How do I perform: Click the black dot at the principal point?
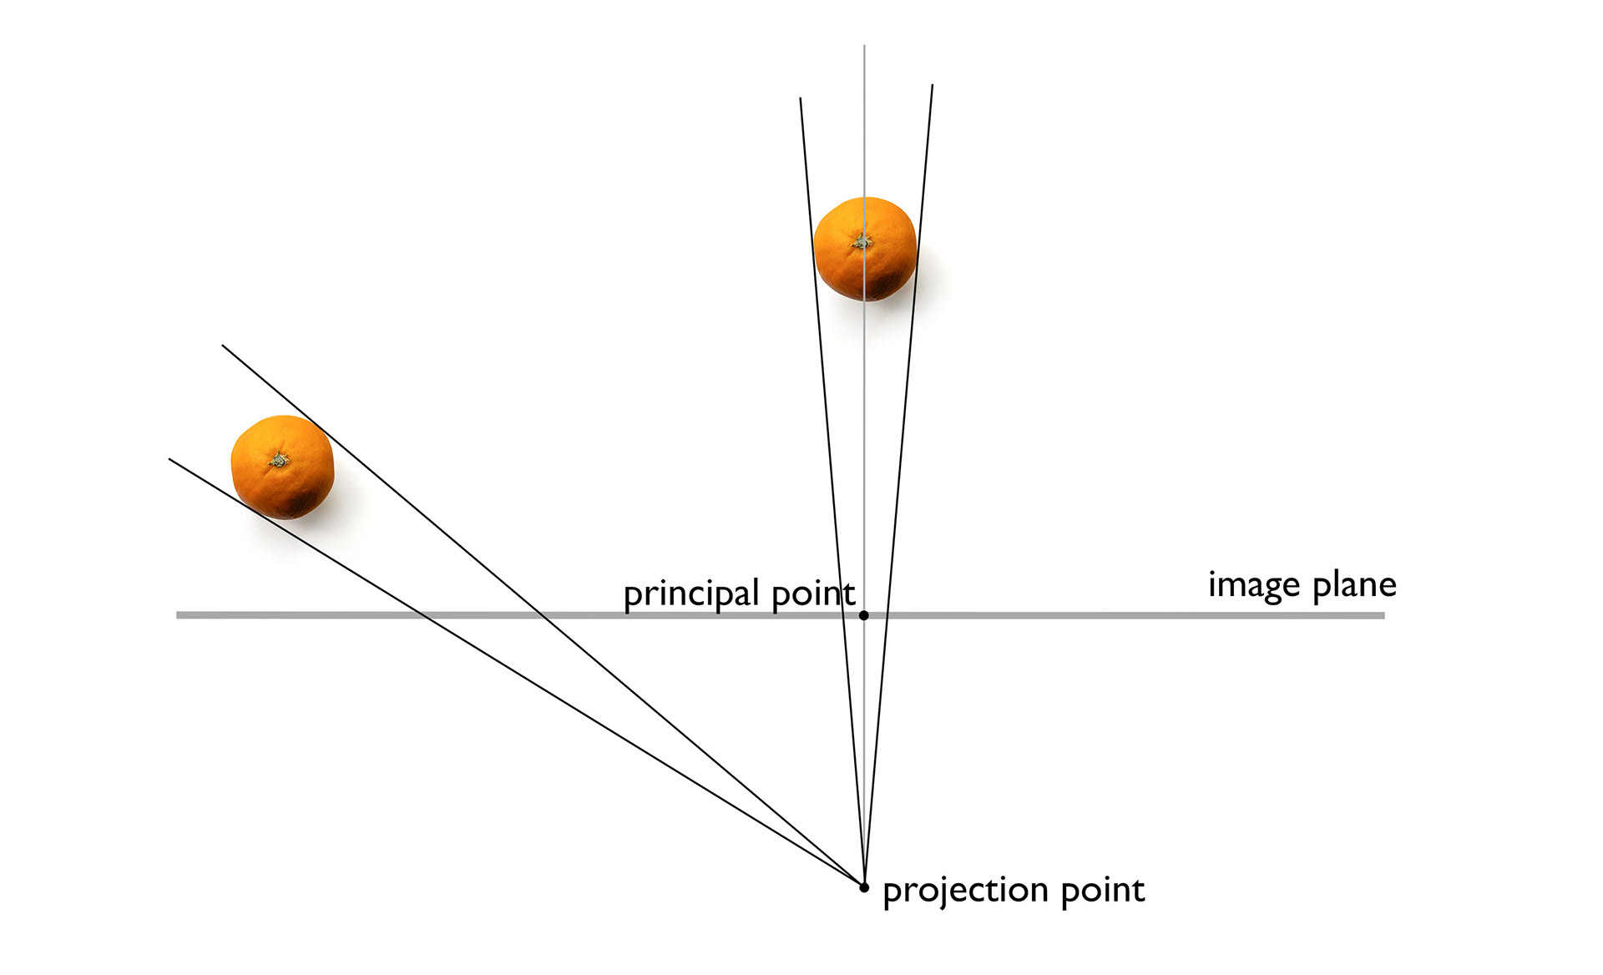tap(864, 615)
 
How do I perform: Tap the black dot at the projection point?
tap(864, 887)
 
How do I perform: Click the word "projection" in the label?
tap(965, 892)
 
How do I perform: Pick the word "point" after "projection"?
tap(1102, 892)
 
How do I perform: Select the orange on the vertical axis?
tap(865, 249)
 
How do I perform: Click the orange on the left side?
tap(282, 467)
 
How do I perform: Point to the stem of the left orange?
tap(278, 459)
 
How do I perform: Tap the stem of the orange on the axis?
tap(862, 241)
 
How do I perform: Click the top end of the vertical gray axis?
tap(864, 46)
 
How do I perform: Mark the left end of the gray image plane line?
tap(178, 615)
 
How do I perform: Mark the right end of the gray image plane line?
tap(1383, 615)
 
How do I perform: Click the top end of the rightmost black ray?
tap(932, 85)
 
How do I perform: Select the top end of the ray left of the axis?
tap(801, 99)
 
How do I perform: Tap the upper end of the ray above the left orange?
tap(223, 346)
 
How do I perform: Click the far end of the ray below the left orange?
tap(169, 459)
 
